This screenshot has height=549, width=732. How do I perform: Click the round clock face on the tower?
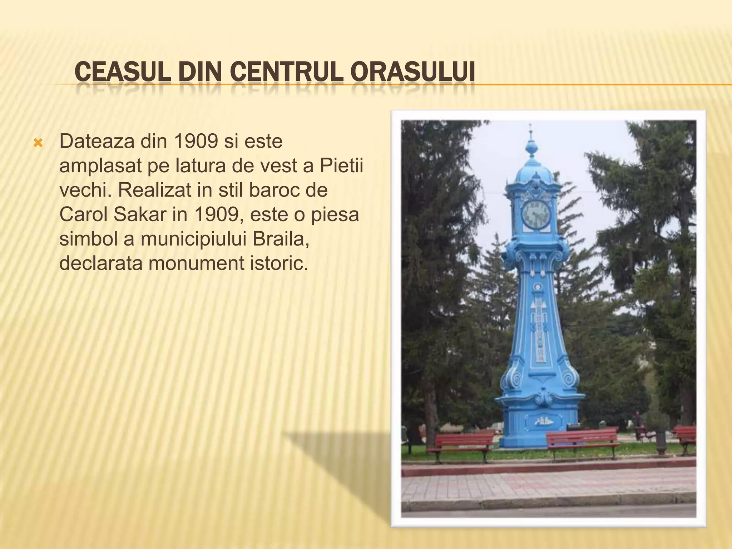(x=536, y=214)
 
